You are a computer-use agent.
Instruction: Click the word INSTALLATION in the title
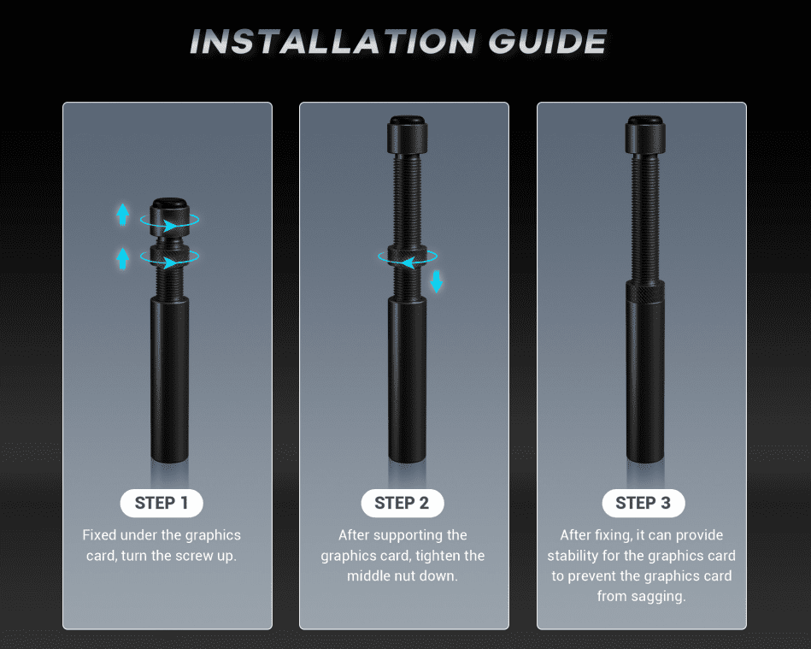(332, 41)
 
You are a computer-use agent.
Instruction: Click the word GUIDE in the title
(547, 41)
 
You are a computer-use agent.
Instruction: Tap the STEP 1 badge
(162, 503)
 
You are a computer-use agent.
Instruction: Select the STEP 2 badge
(402, 503)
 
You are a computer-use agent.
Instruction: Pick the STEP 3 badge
(643, 503)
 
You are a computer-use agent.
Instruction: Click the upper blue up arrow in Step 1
(122, 215)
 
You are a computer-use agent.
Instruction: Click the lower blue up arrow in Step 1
(122, 258)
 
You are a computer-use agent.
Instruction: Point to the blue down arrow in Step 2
(437, 281)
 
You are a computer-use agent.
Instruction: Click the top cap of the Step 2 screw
(407, 134)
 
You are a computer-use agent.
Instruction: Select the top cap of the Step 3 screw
(645, 134)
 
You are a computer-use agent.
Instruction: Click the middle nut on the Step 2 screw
(407, 256)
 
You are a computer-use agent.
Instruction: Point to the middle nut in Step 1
(169, 256)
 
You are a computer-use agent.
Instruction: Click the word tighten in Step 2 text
(438, 555)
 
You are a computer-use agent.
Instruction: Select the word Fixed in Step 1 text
(99, 534)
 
